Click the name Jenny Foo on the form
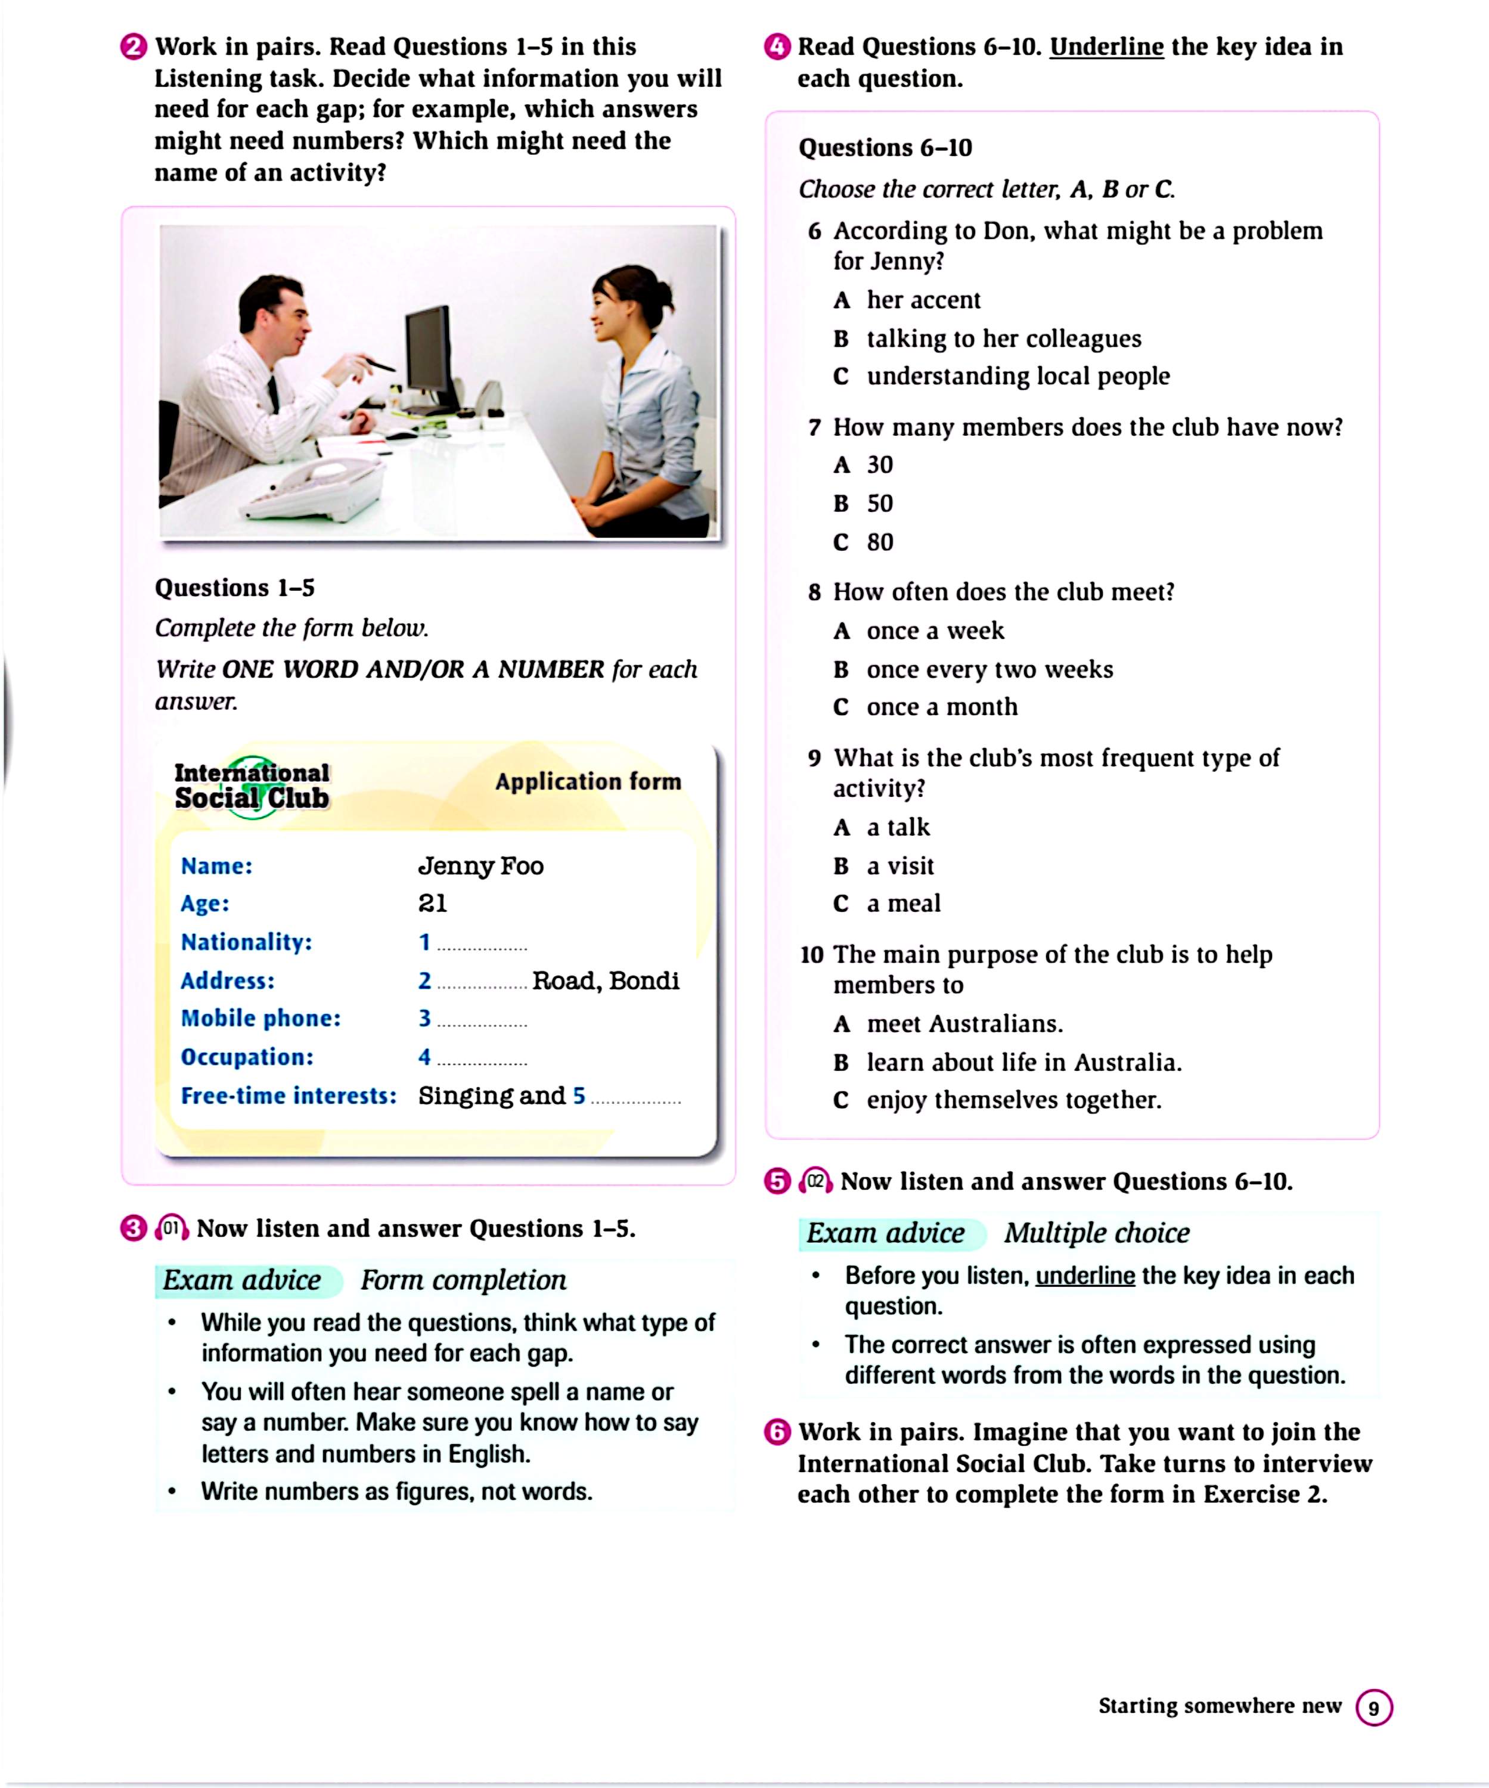coord(480,866)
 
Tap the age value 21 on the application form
coord(433,904)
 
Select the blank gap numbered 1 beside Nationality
coord(482,944)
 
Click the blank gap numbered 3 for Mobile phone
coord(482,1020)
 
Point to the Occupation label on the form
coord(247,1057)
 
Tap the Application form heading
coord(588,781)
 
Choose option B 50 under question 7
coord(879,503)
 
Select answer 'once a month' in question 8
coord(942,707)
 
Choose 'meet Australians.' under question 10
coord(964,1023)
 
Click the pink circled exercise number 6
coord(777,1432)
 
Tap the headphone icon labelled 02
coord(815,1181)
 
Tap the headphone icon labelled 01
coord(172,1228)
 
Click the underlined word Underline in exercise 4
coord(1106,47)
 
